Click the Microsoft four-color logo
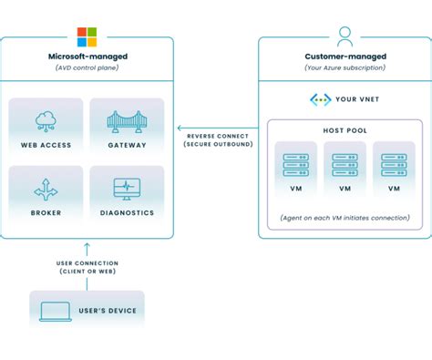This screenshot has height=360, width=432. coord(87,36)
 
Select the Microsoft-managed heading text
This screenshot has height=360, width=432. coord(87,57)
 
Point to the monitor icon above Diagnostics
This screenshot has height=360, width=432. coord(127,189)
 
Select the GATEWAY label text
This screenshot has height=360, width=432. coord(127,144)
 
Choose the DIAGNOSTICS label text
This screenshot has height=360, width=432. coord(127,212)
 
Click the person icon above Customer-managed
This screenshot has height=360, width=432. coord(345,36)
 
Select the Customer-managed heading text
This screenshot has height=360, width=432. coord(345,57)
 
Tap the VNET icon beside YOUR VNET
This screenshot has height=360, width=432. coord(320,99)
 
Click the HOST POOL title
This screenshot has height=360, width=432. coord(345,130)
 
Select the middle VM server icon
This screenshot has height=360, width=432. coord(345,164)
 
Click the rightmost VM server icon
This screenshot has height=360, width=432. coord(394,164)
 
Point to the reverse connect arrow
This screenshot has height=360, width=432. coord(214,128)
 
